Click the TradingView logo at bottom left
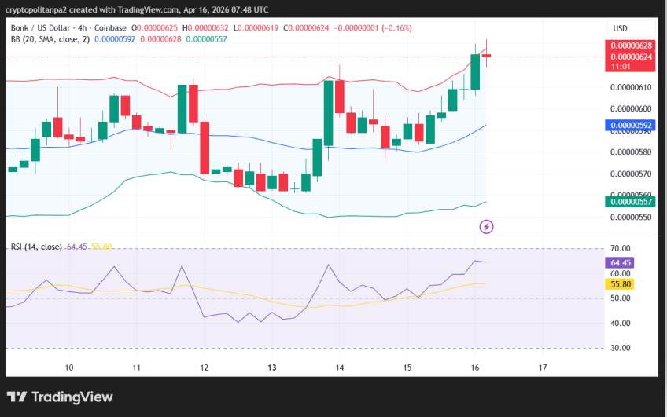click(60, 397)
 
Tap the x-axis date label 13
click(272, 368)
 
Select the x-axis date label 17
click(543, 368)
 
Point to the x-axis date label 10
click(69, 368)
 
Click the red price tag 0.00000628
click(632, 46)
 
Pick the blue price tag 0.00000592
click(632, 125)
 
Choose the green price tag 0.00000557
click(632, 202)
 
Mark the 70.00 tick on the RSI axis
click(621, 248)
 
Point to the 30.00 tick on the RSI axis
click(621, 348)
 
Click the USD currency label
click(620, 29)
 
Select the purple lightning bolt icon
click(486, 227)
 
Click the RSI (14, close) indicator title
click(36, 247)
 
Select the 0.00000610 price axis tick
click(632, 87)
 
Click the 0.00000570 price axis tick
click(632, 174)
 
